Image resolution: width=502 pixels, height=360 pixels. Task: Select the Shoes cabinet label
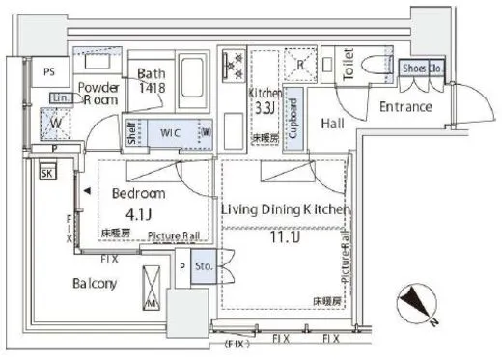click(x=415, y=69)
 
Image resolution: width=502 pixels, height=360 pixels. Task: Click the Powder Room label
click(x=101, y=91)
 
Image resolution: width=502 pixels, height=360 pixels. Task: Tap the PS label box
click(x=48, y=70)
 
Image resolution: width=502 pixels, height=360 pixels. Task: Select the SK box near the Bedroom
click(x=46, y=173)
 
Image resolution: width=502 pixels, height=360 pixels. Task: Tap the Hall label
click(x=333, y=123)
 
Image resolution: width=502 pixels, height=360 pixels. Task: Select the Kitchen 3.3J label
click(x=265, y=101)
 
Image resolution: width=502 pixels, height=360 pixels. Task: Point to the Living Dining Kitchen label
click(x=284, y=209)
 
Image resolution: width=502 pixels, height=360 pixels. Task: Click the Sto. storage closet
click(x=204, y=265)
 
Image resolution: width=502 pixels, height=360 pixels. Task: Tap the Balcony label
click(x=94, y=284)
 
